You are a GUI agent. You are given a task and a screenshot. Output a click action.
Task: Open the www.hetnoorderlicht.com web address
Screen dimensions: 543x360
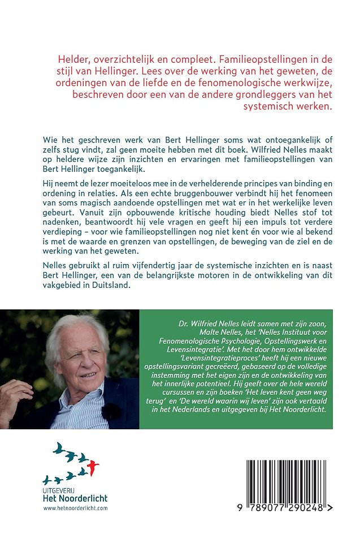pos(75,508)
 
